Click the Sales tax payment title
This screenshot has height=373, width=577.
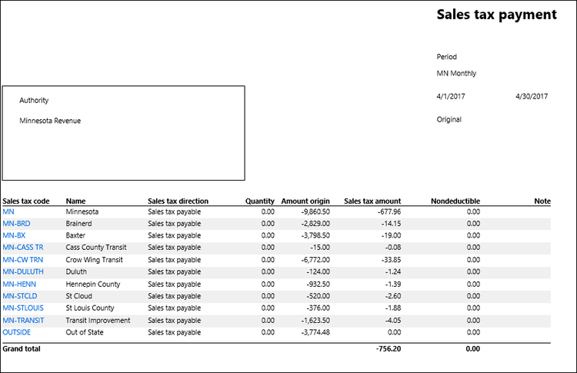(x=496, y=15)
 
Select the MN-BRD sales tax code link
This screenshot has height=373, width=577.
(x=15, y=223)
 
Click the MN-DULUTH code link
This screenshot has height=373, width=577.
(x=23, y=271)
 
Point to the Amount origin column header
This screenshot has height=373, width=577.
(x=305, y=201)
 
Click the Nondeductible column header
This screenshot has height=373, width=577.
(x=455, y=201)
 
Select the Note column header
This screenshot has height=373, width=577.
(x=542, y=201)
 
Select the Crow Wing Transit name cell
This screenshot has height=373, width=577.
(x=95, y=259)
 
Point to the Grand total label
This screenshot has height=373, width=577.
(x=22, y=348)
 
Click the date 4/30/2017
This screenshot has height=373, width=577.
(x=532, y=96)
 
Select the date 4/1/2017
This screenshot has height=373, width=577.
(x=451, y=96)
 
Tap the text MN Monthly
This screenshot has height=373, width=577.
(x=456, y=74)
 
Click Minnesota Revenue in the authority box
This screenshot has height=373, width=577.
(x=50, y=121)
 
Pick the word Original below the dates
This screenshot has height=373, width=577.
(x=449, y=119)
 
